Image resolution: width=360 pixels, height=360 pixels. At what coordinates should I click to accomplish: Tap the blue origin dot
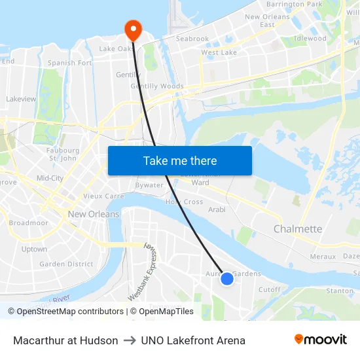tap(227, 279)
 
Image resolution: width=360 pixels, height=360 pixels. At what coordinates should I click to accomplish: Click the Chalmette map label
tap(298, 229)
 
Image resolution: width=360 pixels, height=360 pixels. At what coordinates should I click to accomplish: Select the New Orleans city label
tap(94, 214)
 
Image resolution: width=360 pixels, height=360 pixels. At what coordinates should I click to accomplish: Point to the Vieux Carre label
tap(103, 196)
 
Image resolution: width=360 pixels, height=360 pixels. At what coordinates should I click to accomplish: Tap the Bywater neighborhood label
tap(149, 185)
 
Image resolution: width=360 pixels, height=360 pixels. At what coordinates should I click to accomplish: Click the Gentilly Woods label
tap(157, 86)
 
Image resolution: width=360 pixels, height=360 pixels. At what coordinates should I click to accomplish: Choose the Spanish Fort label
tap(70, 63)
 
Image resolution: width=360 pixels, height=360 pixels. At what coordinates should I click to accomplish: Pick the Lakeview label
tap(21, 99)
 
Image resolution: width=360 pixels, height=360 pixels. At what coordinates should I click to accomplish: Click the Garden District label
tap(66, 264)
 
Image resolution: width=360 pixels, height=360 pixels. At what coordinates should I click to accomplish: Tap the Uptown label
tap(34, 249)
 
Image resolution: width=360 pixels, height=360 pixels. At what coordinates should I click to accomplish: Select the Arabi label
tap(217, 209)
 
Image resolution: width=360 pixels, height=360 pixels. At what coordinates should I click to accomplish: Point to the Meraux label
tap(323, 257)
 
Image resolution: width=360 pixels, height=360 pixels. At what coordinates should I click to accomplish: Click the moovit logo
tap(321, 340)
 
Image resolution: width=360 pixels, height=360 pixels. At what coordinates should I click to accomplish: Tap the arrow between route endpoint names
tap(130, 340)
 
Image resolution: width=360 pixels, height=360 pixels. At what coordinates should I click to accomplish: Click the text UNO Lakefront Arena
tap(193, 340)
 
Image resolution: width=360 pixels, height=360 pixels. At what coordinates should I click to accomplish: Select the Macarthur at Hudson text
tap(65, 340)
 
